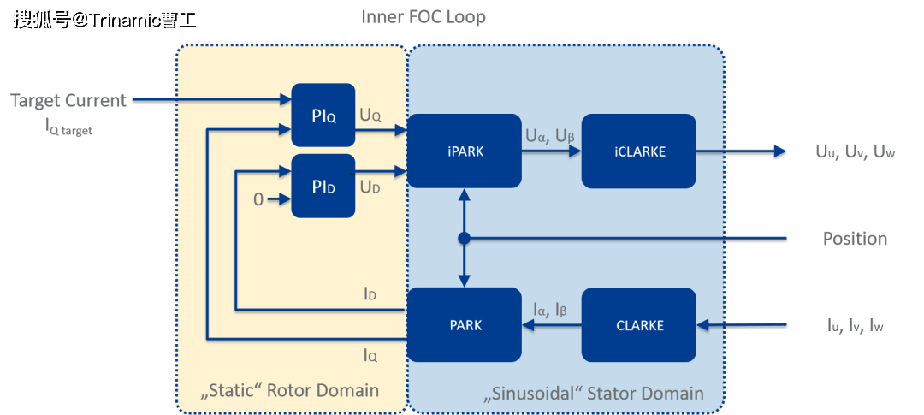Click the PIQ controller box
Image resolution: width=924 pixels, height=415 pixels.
click(x=323, y=116)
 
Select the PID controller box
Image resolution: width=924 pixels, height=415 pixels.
click(x=323, y=186)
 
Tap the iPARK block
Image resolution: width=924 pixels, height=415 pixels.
click(x=465, y=151)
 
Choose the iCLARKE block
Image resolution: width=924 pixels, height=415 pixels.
click(x=637, y=151)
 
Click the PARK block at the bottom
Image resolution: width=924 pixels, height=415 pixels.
click(x=465, y=325)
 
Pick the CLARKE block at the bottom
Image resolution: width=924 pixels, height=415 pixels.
click(x=637, y=325)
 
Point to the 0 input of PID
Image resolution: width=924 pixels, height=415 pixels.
click(x=258, y=200)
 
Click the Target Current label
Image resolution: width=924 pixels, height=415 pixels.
click(x=68, y=101)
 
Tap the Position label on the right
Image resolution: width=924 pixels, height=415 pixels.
click(x=854, y=239)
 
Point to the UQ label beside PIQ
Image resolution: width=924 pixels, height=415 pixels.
click(x=370, y=115)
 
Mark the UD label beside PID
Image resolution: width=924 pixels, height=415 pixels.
click(x=370, y=186)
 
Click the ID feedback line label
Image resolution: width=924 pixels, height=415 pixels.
click(x=370, y=295)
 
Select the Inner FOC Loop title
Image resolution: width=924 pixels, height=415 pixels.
click(x=423, y=17)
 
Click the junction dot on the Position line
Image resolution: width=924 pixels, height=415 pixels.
click(x=465, y=239)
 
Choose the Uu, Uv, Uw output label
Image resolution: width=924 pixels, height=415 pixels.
click(x=854, y=152)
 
